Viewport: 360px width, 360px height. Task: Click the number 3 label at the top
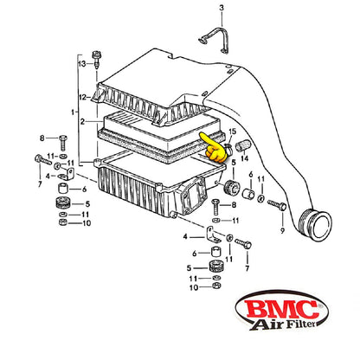[x=222, y=8]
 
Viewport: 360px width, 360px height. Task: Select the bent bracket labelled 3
[x=215, y=39]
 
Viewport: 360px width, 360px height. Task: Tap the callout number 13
[x=82, y=63]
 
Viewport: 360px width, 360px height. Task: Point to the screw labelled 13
[x=96, y=59]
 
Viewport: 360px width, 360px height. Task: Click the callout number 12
[x=83, y=97]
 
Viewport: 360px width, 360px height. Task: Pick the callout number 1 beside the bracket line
[x=73, y=112]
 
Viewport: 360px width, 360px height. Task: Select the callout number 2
[x=82, y=122]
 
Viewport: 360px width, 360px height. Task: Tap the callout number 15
[x=232, y=132]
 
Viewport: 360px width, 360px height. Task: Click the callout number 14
[x=245, y=158]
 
